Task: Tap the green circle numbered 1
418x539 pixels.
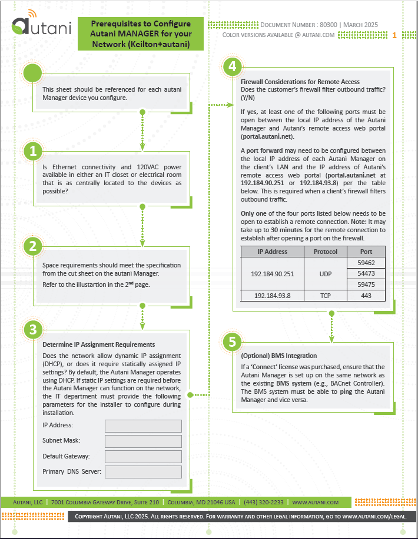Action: click(33, 151)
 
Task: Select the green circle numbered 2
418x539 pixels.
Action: click(33, 246)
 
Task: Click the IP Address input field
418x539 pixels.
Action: click(143, 426)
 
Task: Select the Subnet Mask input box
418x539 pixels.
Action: click(143, 441)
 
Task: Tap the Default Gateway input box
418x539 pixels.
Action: click(143, 456)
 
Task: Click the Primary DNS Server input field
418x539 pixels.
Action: click(143, 471)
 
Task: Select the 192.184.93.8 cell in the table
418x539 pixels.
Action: click(272, 296)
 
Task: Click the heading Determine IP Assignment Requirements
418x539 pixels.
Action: click(98, 344)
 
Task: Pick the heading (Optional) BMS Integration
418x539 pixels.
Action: click(278, 356)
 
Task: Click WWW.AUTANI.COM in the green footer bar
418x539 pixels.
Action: click(315, 503)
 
